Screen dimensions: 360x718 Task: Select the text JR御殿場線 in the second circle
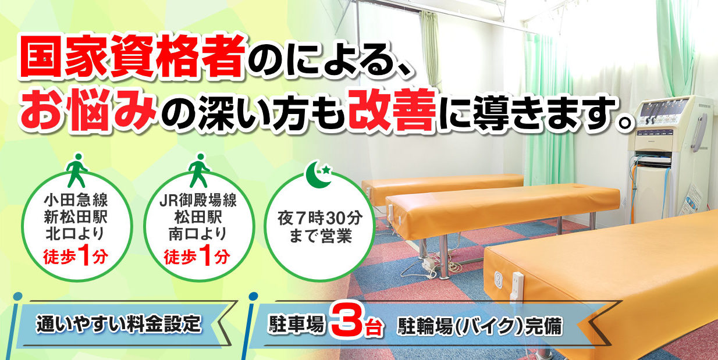pyautogui.click(x=198, y=204)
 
